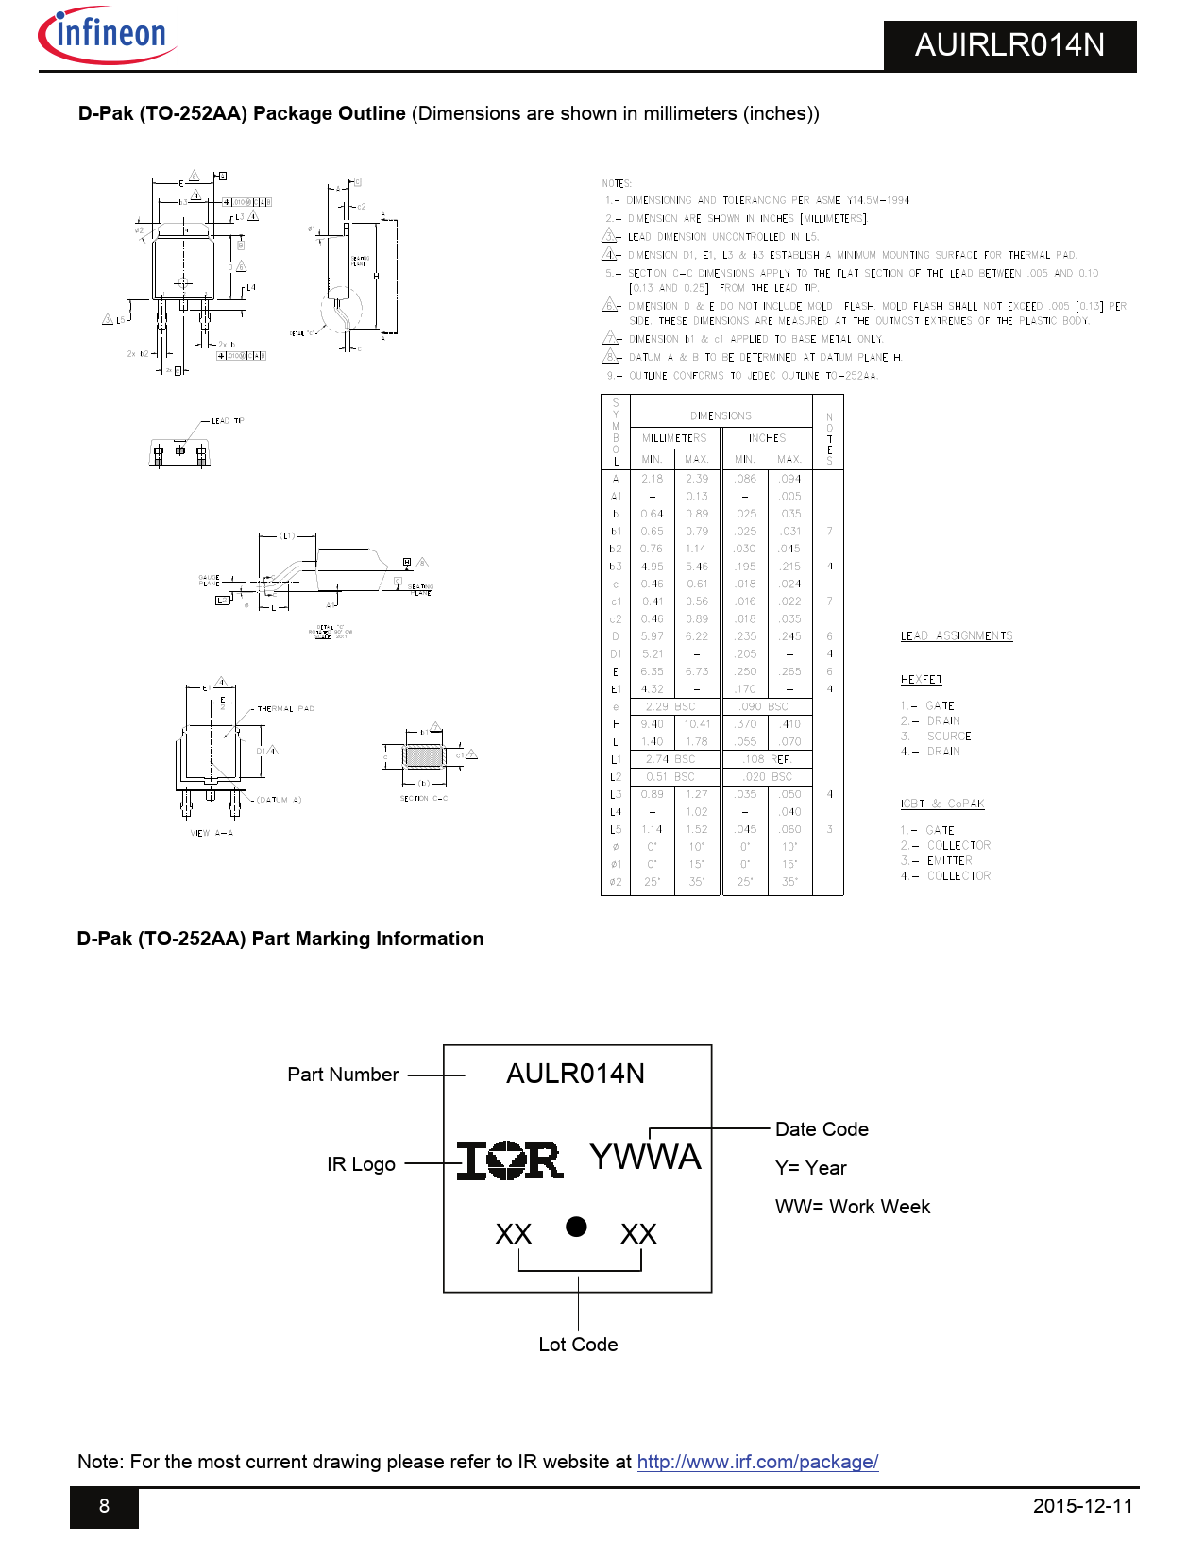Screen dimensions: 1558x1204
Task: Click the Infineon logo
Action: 107,35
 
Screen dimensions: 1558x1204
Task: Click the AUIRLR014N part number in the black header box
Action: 1009,45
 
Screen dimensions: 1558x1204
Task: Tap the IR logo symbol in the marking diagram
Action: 510,1160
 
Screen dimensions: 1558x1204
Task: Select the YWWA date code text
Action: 645,1157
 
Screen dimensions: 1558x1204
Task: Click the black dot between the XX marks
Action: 576,1227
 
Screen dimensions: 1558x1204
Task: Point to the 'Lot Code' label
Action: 578,1345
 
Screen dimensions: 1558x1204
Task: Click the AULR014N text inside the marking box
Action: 575,1074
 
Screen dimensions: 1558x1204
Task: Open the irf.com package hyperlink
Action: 757,1462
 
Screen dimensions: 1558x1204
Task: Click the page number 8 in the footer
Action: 104,1506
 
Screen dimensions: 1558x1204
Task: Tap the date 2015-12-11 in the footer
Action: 1082,1506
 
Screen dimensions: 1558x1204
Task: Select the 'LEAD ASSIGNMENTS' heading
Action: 957,636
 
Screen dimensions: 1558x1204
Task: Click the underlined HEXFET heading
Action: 921,680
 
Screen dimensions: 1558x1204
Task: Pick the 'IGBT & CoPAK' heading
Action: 941,804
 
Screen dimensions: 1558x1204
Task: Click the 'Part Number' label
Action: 343,1075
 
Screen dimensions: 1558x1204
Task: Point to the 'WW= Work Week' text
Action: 852,1207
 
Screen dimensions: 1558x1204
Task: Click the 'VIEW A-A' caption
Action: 212,833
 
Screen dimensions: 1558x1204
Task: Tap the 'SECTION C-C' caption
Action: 424,799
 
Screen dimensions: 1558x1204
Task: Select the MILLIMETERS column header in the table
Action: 674,438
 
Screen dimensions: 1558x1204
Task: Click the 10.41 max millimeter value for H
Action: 697,724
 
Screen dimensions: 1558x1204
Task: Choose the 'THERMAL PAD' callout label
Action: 285,708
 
